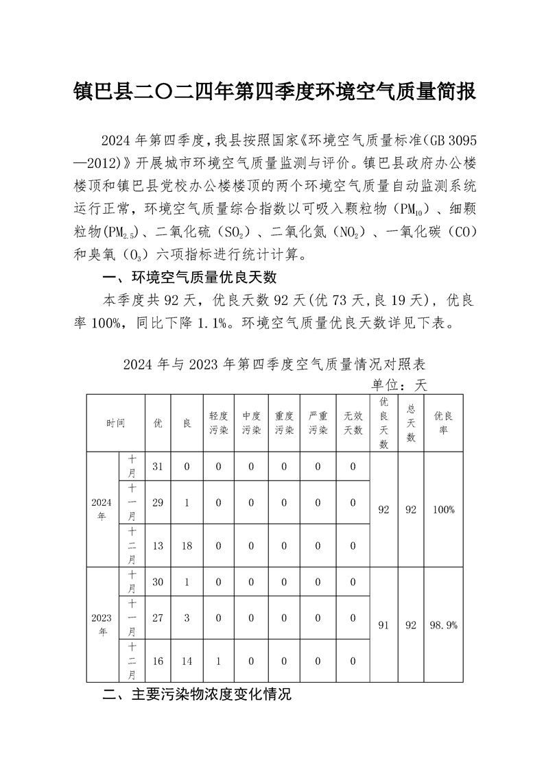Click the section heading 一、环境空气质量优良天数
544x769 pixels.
tap(189, 278)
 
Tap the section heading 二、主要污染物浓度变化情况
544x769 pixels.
tap(197, 694)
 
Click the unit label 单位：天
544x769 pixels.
tap(399, 384)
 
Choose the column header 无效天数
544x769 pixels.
tap(353, 423)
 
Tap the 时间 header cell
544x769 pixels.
tap(115, 423)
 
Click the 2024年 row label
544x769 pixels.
tap(102, 509)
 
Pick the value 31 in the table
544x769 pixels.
tap(157, 467)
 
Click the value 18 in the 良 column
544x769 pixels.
tap(187, 546)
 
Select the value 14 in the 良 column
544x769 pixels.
tap(187, 661)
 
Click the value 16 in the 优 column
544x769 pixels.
tap(157, 661)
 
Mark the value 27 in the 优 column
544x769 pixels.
tap(157, 618)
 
